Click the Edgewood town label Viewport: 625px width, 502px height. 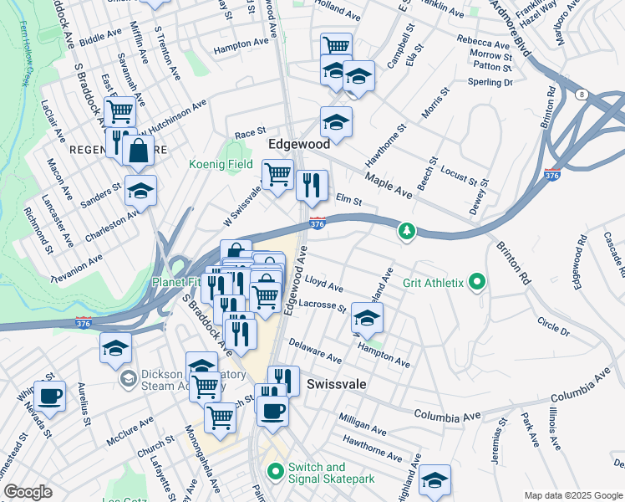[298, 145]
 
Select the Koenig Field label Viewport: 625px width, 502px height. [221, 165]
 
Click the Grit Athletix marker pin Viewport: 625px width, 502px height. [477, 283]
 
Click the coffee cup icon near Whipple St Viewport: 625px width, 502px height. [49, 396]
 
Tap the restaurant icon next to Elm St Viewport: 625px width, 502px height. [312, 186]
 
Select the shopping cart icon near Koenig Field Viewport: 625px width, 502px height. [277, 175]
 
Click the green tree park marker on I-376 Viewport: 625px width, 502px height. [406, 230]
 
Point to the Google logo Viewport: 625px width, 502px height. [28, 492]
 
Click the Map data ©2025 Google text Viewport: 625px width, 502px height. [573, 494]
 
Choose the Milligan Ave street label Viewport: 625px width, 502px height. [362, 423]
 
